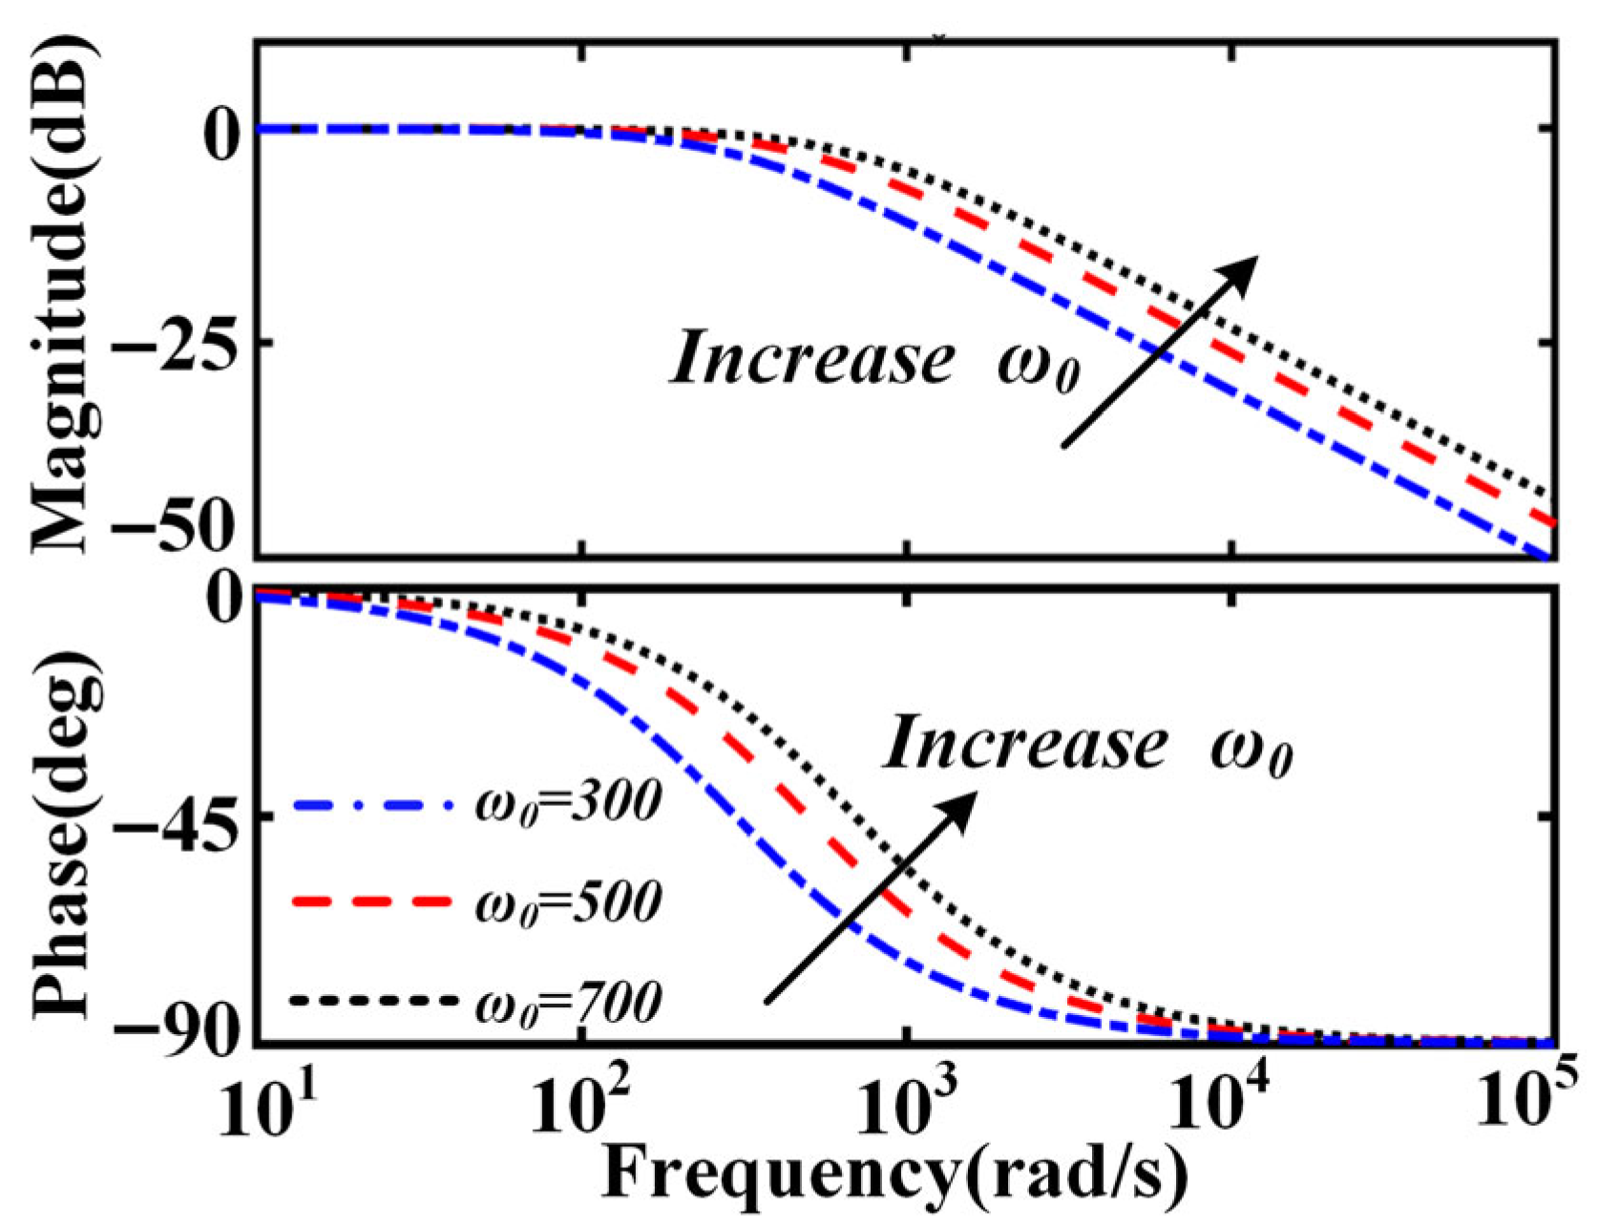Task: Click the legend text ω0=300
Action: [x=567, y=802]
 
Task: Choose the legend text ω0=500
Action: [x=567, y=902]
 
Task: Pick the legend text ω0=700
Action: [x=567, y=1003]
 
